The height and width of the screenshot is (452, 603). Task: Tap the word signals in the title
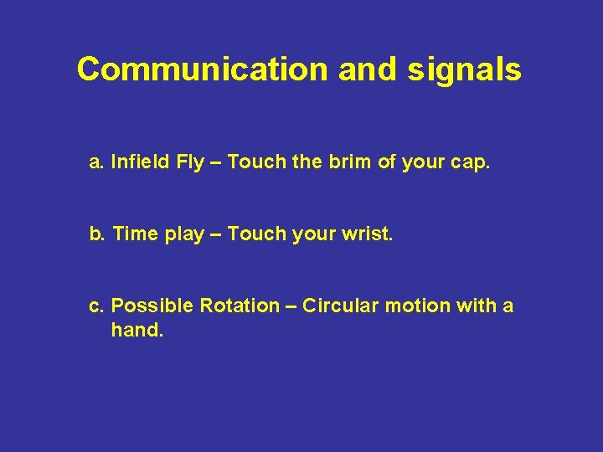465,69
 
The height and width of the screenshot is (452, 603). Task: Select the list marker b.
96,234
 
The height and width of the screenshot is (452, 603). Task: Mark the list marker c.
96,306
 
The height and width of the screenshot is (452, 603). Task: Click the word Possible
152,306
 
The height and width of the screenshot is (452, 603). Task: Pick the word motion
417,306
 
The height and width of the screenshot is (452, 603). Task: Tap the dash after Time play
215,234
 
